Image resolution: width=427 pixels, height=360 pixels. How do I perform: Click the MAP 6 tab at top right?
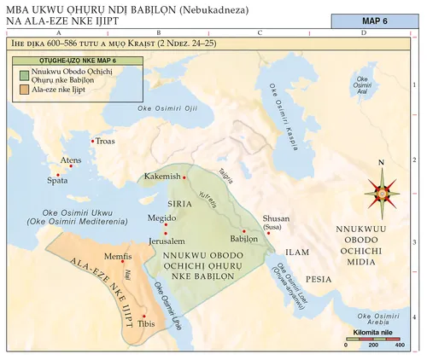pyautogui.click(x=372, y=20)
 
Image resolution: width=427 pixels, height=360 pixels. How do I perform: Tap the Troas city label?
pyautogui.click(x=104, y=141)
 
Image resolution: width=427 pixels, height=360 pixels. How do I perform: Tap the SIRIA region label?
pyautogui.click(x=178, y=205)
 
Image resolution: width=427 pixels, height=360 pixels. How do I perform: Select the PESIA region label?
pyautogui.click(x=319, y=279)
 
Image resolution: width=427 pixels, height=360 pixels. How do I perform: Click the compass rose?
pyautogui.click(x=382, y=191)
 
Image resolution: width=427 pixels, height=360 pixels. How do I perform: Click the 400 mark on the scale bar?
pyautogui.click(x=398, y=345)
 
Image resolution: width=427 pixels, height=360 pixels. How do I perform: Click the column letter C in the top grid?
pyautogui.click(x=259, y=32)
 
